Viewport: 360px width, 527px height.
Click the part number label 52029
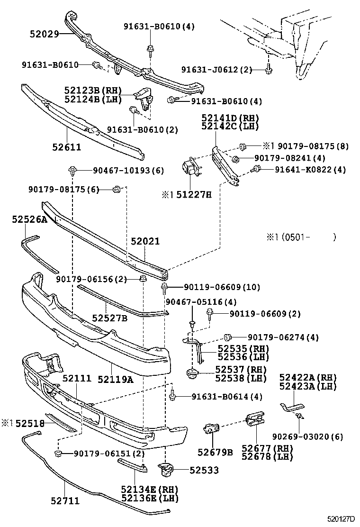(x=44, y=34)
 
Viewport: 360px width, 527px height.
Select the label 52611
(x=67, y=147)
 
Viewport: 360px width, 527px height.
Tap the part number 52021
(x=145, y=242)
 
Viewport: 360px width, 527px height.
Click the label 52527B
(x=110, y=318)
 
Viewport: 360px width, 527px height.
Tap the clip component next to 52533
(x=166, y=469)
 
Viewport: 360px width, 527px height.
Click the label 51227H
(x=194, y=194)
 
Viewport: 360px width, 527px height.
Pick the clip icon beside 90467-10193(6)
(x=72, y=170)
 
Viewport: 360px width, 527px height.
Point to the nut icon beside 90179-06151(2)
(x=59, y=454)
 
